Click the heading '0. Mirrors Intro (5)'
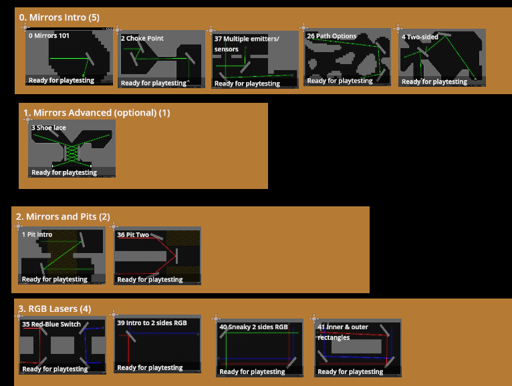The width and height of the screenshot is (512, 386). [x=59, y=17]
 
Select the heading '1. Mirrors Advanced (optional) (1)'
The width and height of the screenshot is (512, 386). [x=96, y=113]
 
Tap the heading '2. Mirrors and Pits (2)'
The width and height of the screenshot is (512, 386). [x=63, y=216]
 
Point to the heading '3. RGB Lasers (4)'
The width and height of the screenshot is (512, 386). [x=54, y=309]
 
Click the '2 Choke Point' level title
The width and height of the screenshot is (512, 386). [x=142, y=39]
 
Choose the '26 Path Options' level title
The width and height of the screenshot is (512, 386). [x=332, y=36]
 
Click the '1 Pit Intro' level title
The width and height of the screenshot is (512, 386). [x=37, y=235]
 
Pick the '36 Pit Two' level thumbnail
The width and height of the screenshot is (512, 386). [x=158, y=257]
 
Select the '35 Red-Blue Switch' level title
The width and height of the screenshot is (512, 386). [x=51, y=325]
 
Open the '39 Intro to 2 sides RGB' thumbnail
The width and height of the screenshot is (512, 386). [x=158, y=345]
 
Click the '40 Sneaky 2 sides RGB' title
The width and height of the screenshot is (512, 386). [x=253, y=327]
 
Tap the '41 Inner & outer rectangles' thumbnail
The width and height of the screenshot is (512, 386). [x=357, y=347]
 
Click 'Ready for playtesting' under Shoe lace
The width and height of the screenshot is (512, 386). [x=64, y=172]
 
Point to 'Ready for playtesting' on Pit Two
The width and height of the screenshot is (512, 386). [x=150, y=280]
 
